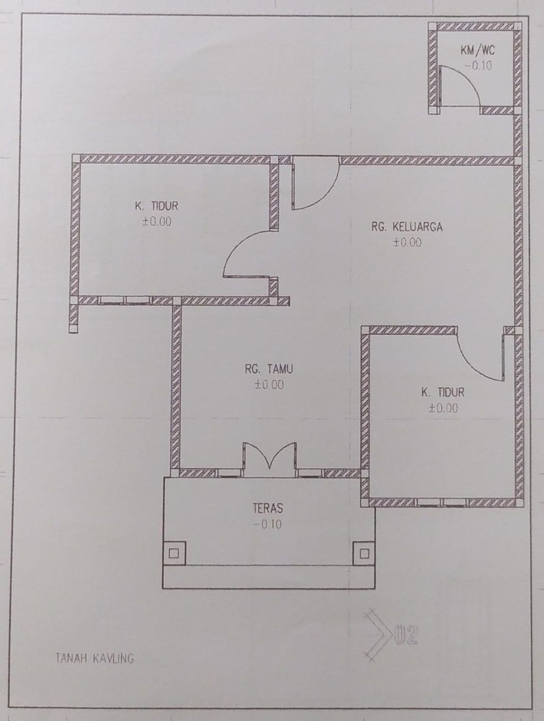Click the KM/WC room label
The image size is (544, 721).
coord(478,51)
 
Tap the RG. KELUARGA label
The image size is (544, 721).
coord(407,227)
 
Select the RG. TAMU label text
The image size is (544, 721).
coord(269,369)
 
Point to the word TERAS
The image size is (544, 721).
coord(268,508)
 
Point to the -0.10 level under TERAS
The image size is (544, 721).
coord(267,524)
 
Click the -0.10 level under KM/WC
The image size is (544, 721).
coord(478,66)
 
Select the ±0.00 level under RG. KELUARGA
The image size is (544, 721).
coord(407,242)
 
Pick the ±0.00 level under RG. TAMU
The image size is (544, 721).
coord(269,384)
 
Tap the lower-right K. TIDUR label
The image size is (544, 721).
coord(443,392)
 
